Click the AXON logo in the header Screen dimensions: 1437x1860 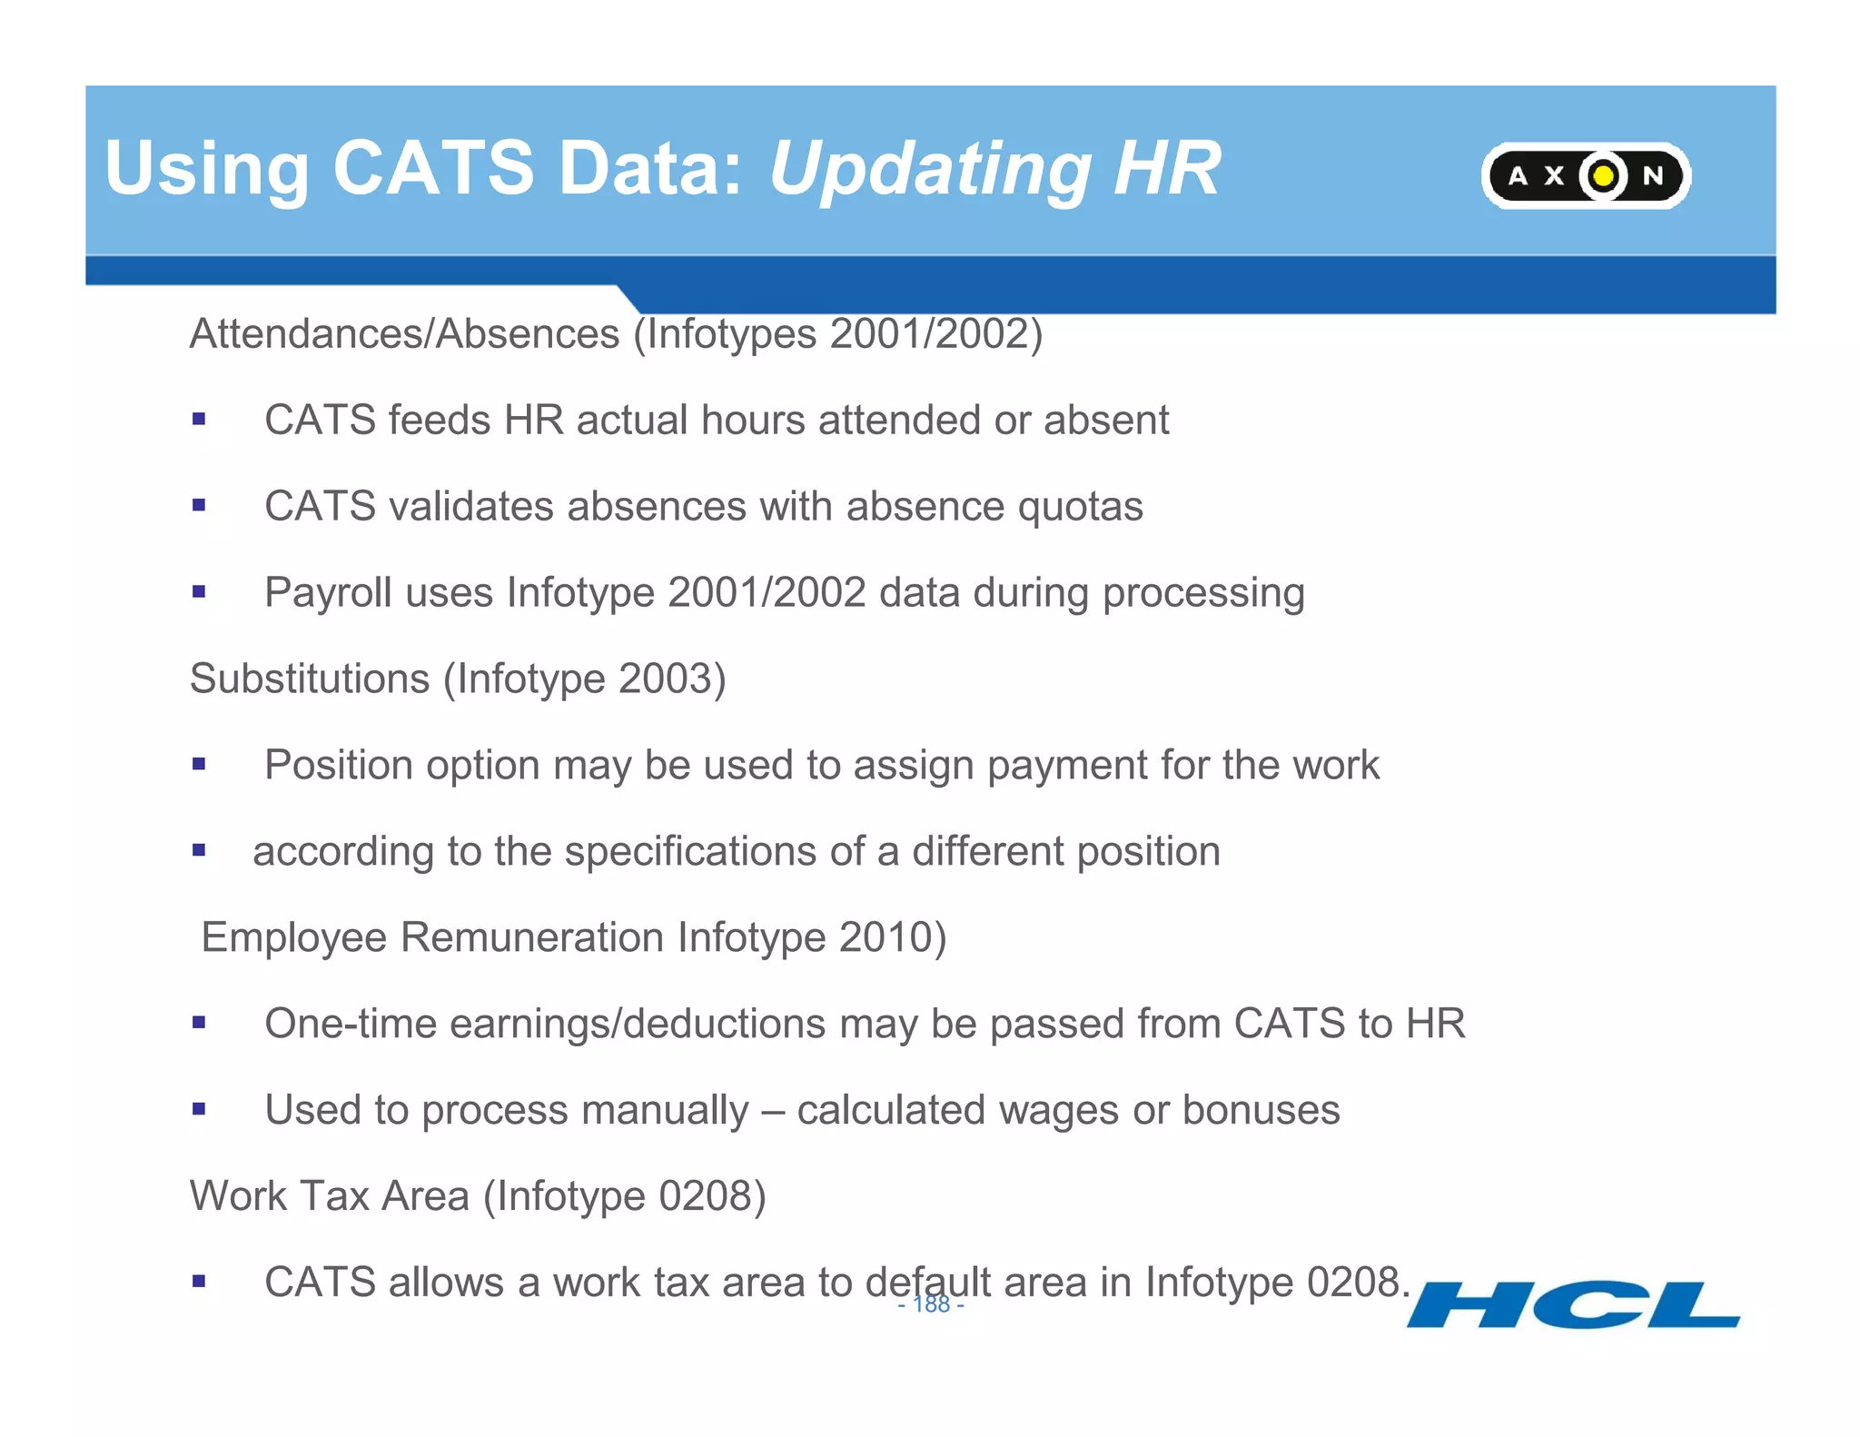point(1586,175)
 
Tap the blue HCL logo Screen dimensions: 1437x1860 point(1573,1305)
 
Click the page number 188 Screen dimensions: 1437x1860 point(931,1304)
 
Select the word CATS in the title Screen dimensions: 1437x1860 point(434,168)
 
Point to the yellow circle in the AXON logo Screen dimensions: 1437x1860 point(1603,175)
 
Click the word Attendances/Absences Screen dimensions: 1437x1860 point(404,333)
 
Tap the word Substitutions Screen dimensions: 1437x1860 point(310,679)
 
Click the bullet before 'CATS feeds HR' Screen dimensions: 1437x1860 point(199,420)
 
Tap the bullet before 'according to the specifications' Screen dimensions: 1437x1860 point(199,851)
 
